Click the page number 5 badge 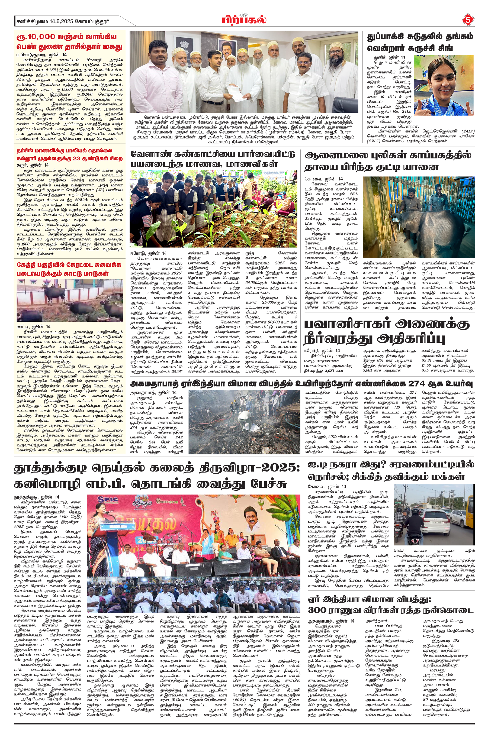click(x=467, y=21)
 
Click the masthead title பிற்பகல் click(x=244, y=20)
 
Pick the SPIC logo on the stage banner click(x=108, y=500)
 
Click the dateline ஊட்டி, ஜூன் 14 click(x=33, y=327)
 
